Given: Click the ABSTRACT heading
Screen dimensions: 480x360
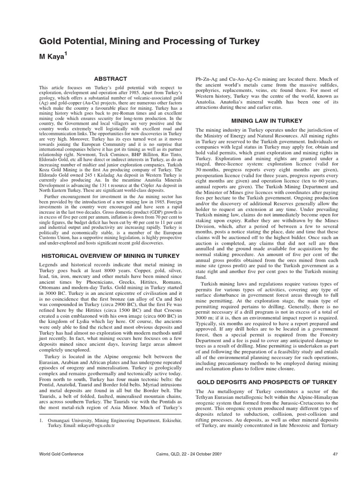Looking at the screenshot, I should click(110, 79).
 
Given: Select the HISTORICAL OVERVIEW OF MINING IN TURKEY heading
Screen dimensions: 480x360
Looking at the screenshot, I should click(111, 256).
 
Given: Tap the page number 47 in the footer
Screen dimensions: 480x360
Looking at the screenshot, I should click(335, 467).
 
